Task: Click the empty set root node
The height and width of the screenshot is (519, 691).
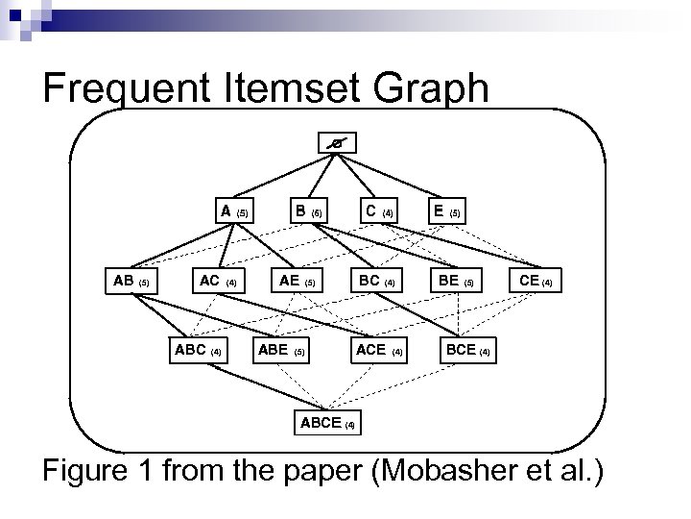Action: tap(335, 143)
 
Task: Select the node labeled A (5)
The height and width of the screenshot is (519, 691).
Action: tap(233, 210)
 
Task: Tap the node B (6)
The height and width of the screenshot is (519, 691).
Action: tap(309, 210)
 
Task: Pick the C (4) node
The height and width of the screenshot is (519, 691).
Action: tap(378, 210)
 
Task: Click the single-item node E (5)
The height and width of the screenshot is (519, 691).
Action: tap(446, 210)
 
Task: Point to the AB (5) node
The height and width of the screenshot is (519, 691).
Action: tap(131, 282)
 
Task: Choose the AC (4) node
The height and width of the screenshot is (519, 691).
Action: tap(218, 282)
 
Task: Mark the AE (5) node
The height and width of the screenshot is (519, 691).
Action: tap(296, 282)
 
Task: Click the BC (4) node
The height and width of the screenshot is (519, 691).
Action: tap(376, 282)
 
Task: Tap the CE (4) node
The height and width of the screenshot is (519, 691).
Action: tap(535, 282)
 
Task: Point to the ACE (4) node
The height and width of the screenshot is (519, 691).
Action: tap(379, 350)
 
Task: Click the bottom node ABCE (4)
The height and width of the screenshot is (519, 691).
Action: tap(327, 422)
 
